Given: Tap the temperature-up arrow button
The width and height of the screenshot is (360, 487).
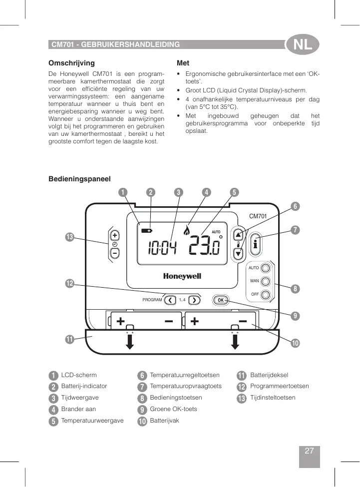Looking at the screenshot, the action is [x=238, y=234].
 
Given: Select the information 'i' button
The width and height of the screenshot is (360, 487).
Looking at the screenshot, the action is [x=255, y=244].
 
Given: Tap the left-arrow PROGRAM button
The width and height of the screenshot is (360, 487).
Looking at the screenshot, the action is [x=171, y=300].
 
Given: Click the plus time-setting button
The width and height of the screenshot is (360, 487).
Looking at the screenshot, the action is [x=115, y=235].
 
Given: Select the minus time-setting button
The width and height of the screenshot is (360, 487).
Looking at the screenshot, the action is [x=115, y=253].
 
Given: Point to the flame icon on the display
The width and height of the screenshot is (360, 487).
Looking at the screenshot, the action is [x=187, y=230].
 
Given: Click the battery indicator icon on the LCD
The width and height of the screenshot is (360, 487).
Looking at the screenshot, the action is [x=147, y=231].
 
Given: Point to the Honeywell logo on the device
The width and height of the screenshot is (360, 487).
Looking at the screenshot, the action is [x=182, y=276].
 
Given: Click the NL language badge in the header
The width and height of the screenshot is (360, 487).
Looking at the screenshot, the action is [x=303, y=45].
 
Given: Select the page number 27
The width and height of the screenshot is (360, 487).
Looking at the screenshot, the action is [x=309, y=451].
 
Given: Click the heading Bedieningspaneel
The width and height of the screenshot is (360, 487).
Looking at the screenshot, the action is [x=79, y=178].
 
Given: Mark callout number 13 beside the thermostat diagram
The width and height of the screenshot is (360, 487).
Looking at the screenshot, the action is [x=69, y=237].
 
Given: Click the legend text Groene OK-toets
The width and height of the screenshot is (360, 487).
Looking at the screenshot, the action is [x=173, y=409].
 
